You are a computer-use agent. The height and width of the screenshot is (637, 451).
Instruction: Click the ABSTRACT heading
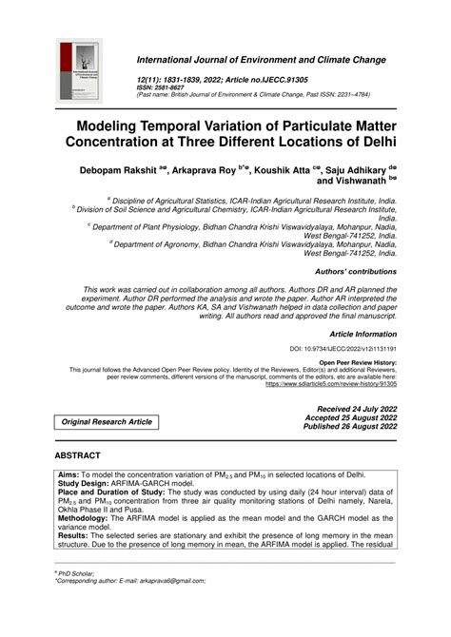click(x=87, y=455)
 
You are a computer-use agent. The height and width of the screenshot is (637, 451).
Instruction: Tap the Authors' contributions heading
click(x=352, y=271)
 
